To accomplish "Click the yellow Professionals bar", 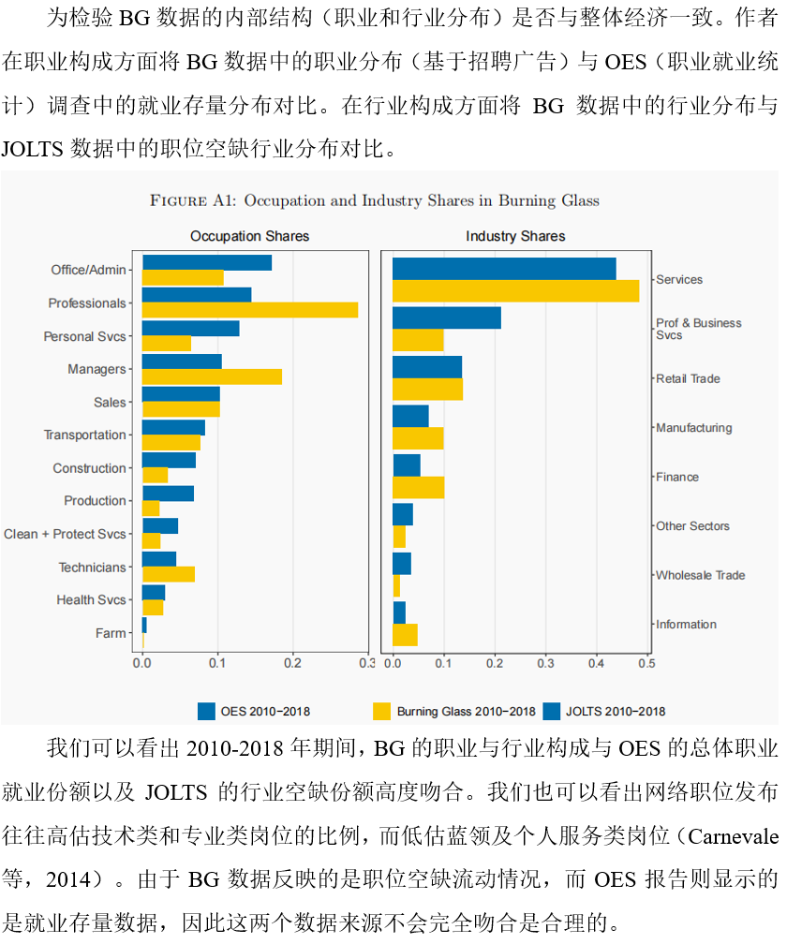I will click(249, 310).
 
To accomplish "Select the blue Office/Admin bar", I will click(206, 262).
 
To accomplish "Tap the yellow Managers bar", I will click(211, 376).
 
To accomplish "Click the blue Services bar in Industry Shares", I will click(503, 268).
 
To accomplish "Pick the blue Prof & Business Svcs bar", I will click(446, 317).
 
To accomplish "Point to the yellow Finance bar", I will click(418, 487).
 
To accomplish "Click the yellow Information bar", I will click(405, 635).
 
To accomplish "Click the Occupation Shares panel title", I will click(249, 236).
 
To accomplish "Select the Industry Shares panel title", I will click(515, 236).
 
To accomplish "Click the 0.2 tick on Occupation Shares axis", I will click(292, 664).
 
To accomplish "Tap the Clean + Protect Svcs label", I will click(65, 534).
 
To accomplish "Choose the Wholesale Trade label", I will click(700, 575).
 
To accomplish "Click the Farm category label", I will click(111, 633).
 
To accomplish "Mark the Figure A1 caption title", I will click(375, 200).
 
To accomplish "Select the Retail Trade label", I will click(688, 378).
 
